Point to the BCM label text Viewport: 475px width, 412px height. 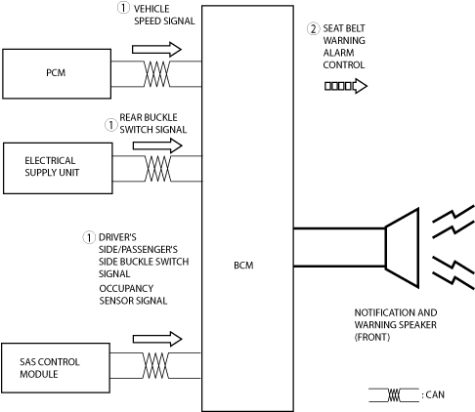click(x=243, y=266)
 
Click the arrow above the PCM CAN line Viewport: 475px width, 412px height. click(x=156, y=50)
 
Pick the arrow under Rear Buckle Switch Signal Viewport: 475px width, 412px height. click(x=157, y=145)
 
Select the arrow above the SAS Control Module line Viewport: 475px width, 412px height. click(x=157, y=339)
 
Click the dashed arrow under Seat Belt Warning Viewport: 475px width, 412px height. click(x=346, y=86)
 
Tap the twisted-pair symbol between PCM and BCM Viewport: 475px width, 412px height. click(x=156, y=74)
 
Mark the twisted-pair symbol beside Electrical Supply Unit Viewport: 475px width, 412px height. click(x=157, y=168)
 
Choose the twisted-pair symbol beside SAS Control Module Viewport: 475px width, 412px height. click(x=155, y=365)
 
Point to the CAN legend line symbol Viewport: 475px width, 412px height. click(x=394, y=395)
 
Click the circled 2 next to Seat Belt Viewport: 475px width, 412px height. click(x=313, y=29)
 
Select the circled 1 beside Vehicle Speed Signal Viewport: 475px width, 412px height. click(x=123, y=8)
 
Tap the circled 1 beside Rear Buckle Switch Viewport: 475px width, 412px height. click(x=110, y=125)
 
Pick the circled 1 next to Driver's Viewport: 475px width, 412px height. click(x=89, y=237)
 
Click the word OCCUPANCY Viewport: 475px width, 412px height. click(x=126, y=288)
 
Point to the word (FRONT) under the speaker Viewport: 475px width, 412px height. click(x=372, y=337)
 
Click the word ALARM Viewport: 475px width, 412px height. click(x=339, y=53)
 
